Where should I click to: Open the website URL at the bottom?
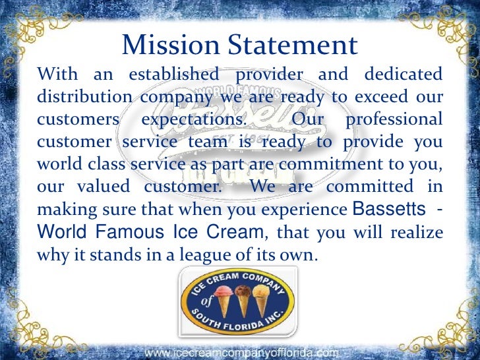pos(241,353)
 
